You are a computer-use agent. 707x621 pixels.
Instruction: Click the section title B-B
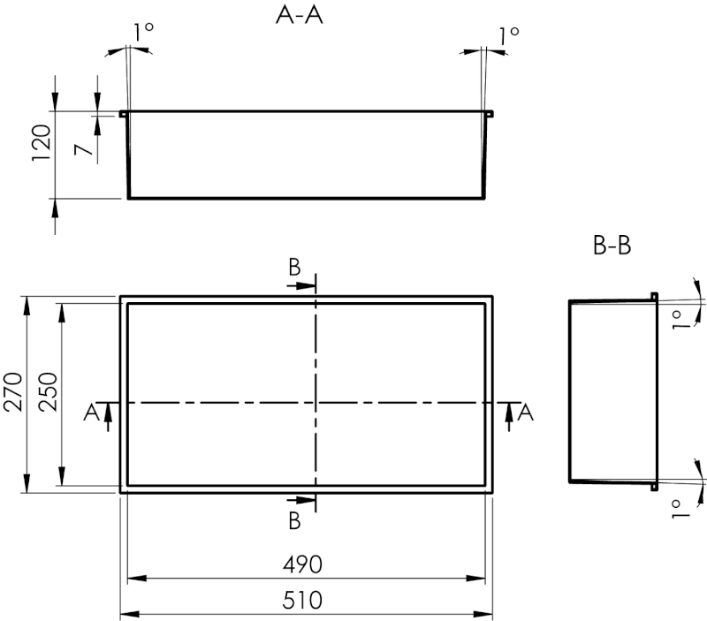(x=612, y=246)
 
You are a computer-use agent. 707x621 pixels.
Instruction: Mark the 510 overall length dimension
(x=304, y=600)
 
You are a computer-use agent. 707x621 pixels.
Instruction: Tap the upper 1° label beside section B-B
(x=679, y=320)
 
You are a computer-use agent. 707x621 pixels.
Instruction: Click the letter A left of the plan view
(x=90, y=412)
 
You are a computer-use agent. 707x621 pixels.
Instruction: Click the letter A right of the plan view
(x=526, y=412)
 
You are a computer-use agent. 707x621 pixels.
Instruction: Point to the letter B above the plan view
(x=294, y=267)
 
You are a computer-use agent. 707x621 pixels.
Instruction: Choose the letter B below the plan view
(x=294, y=521)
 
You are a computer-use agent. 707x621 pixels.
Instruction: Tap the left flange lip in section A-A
(x=124, y=113)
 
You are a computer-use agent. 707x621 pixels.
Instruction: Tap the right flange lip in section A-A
(x=489, y=113)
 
